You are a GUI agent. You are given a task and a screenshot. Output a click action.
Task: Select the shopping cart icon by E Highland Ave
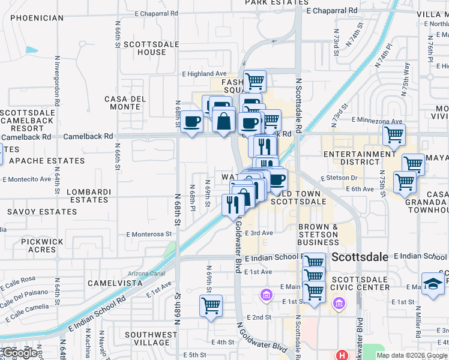(x=255, y=80)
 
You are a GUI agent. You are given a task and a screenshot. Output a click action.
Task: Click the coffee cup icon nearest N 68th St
(x=192, y=122)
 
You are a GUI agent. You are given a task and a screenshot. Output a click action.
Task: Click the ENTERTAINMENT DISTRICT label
(x=360, y=158)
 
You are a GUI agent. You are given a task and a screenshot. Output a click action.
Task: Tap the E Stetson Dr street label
(x=339, y=178)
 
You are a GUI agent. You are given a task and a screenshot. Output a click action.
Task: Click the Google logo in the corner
(x=20, y=353)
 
